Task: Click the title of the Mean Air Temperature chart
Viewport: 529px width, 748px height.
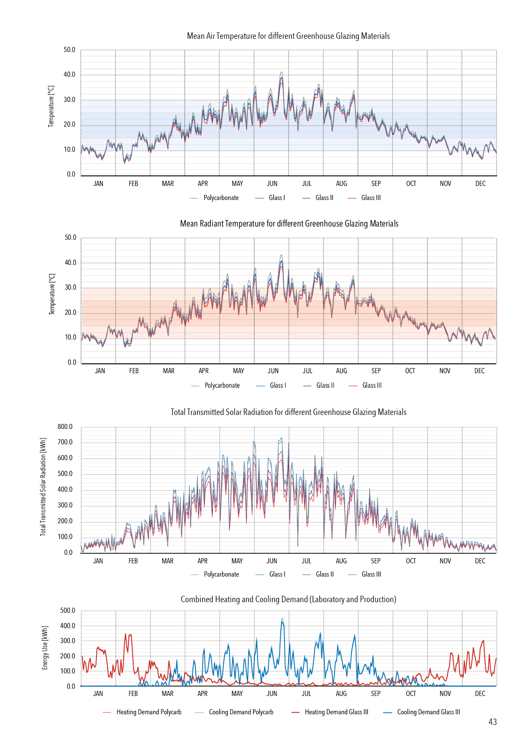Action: coord(288,36)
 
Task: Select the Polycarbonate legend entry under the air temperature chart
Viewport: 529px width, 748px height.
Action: coord(221,198)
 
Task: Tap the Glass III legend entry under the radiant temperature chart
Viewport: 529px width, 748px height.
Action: coord(372,386)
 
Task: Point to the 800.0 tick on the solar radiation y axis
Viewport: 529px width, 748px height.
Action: coord(65,427)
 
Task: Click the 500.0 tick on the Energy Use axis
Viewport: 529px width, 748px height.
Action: coord(67,611)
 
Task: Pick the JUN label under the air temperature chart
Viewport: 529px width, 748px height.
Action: coord(272,184)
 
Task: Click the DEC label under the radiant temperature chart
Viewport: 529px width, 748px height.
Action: coord(480,371)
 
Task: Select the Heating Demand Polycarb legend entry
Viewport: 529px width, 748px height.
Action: coord(148,712)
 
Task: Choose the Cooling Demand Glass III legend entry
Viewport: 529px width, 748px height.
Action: coord(428,712)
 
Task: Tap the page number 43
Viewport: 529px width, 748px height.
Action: coord(493,722)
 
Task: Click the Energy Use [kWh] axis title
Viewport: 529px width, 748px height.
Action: coord(45,648)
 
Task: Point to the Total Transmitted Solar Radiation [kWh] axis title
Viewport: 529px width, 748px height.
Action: coord(43,487)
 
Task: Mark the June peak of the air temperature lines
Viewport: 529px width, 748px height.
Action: coord(282,72)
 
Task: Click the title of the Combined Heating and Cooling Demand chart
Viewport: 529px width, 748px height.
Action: coord(288,600)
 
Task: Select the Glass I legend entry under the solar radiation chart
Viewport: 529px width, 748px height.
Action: coord(277,574)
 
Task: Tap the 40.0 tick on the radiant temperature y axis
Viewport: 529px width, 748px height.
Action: coord(70,263)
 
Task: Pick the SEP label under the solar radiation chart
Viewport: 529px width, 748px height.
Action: coord(375,561)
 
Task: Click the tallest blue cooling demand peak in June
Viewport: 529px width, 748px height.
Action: coord(282,619)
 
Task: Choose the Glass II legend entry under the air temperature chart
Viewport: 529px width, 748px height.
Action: coord(324,198)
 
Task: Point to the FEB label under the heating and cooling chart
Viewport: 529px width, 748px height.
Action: coord(133,694)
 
